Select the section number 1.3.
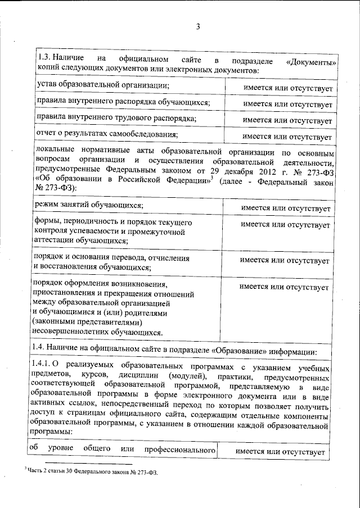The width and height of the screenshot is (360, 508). click(44, 59)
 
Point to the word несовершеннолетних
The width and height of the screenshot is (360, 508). click(72, 332)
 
